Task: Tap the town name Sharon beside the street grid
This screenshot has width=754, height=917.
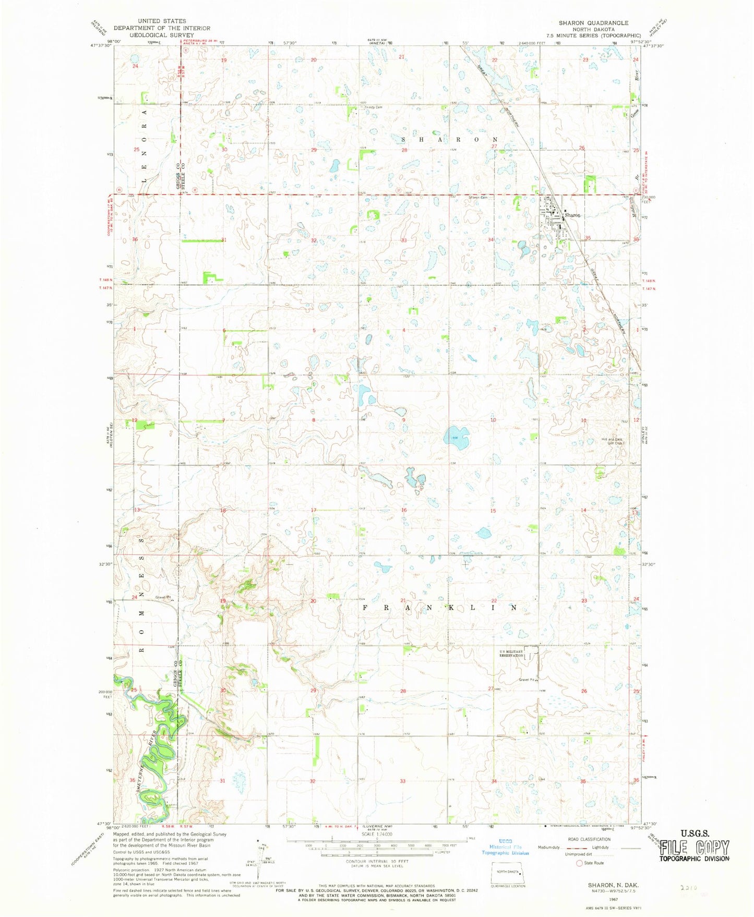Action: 572,215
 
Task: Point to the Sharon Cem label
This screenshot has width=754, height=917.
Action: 477,198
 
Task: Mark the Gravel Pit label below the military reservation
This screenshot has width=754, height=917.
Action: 527,680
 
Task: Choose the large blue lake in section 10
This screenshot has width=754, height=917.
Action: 455,436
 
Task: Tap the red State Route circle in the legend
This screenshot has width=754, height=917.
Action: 579,863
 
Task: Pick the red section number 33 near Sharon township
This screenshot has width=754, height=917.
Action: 403,240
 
